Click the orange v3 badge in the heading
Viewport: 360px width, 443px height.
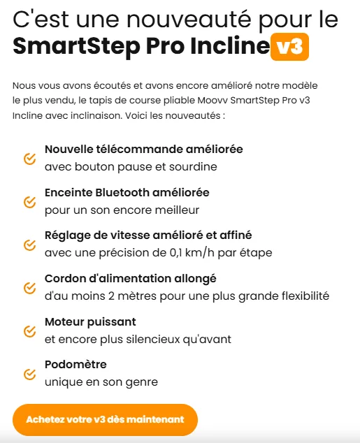pyautogui.click(x=289, y=47)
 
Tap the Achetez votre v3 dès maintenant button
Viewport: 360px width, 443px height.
pyautogui.click(x=105, y=419)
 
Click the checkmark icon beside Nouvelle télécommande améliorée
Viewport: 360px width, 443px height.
pyautogui.click(x=29, y=159)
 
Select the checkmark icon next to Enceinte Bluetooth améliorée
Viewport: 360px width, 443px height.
pyautogui.click(x=29, y=202)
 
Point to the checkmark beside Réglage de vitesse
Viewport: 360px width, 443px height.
pyautogui.click(x=29, y=245)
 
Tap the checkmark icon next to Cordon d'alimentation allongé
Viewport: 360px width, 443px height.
pyautogui.click(x=29, y=288)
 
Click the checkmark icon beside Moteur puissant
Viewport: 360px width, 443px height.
pyautogui.click(x=29, y=331)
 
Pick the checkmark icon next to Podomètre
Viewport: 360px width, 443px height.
pyautogui.click(x=29, y=374)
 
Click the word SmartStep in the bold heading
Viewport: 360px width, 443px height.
pyautogui.click(x=77, y=47)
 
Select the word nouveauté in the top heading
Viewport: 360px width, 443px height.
pyautogui.click(x=189, y=19)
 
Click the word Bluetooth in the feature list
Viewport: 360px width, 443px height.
pyautogui.click(x=122, y=192)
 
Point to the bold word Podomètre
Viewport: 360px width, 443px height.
pyautogui.click(x=75, y=365)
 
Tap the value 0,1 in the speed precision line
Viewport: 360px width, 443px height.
pyautogui.click(x=175, y=252)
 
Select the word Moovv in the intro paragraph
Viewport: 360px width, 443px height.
pyautogui.click(x=213, y=101)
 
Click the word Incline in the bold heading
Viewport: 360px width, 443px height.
pyautogui.click(x=230, y=46)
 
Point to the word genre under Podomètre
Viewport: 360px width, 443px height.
pyautogui.click(x=142, y=382)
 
